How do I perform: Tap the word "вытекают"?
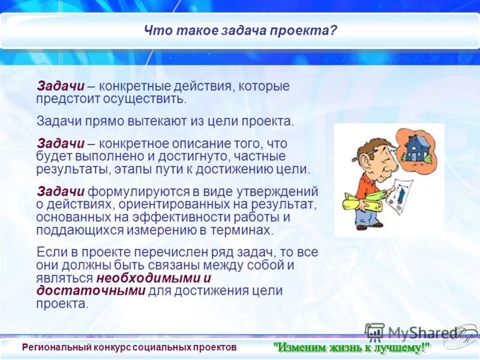pyautogui.click(x=139, y=122)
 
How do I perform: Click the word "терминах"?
pyautogui.click(x=250, y=230)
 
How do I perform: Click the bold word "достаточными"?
pyautogui.click(x=91, y=291)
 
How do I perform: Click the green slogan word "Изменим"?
pyautogui.click(x=301, y=347)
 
